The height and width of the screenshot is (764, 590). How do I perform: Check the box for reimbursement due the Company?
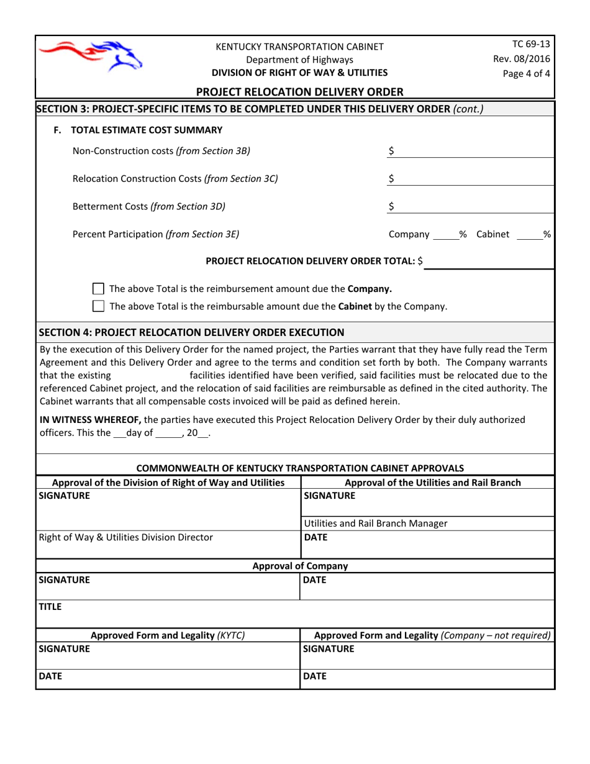click(98, 289)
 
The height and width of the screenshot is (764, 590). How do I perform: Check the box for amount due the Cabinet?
click(98, 306)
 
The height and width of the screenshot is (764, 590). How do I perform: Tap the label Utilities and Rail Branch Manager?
click(375, 523)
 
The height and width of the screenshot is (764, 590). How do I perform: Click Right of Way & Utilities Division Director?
click(125, 538)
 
